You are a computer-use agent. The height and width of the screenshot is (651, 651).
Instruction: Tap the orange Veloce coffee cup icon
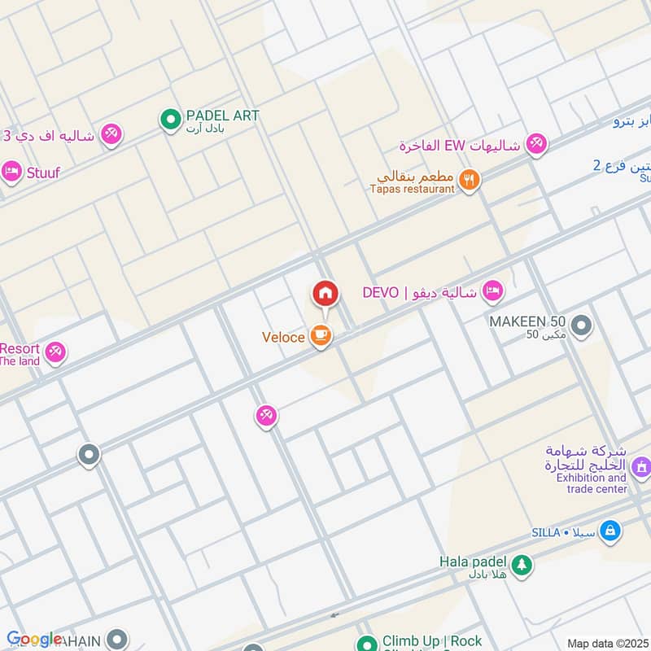pyautogui.click(x=321, y=336)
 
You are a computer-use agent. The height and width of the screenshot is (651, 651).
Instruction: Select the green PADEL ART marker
pyautogui.click(x=170, y=120)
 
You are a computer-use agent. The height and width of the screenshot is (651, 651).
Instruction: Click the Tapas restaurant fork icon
pyautogui.click(x=468, y=180)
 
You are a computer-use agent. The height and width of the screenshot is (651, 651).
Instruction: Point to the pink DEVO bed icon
pyautogui.click(x=492, y=291)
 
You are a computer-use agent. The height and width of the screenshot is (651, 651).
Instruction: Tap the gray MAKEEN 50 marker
pyautogui.click(x=581, y=327)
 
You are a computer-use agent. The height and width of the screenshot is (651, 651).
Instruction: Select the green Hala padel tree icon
pyautogui.click(x=521, y=563)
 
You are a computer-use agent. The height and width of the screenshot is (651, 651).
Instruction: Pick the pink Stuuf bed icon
pyautogui.click(x=11, y=172)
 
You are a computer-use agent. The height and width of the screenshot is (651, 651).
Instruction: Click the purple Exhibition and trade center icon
pyautogui.click(x=640, y=466)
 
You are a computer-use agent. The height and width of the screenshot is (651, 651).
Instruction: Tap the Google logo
pyautogui.click(x=33, y=639)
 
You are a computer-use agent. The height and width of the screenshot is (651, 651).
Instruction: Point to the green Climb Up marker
pyautogui.click(x=368, y=642)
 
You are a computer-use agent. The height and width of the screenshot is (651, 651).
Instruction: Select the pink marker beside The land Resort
pyautogui.click(x=55, y=352)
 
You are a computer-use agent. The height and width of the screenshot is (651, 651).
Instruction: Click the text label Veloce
pyautogui.click(x=283, y=337)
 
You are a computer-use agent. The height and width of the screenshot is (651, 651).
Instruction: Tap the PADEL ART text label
pyautogui.click(x=222, y=116)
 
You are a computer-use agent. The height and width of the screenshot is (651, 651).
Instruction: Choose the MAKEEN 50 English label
pyautogui.click(x=527, y=321)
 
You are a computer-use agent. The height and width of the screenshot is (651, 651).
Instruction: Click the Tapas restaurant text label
pyautogui.click(x=412, y=189)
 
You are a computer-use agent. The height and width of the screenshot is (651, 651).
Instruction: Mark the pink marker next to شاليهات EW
pyautogui.click(x=535, y=145)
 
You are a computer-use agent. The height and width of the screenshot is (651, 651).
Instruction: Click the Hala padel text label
pyautogui.click(x=473, y=561)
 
